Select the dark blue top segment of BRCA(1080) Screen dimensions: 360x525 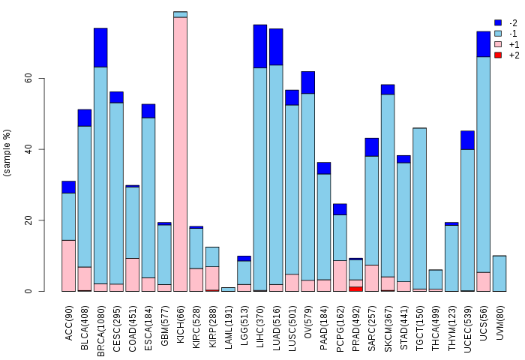(100, 47)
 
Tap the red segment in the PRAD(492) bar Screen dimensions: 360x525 (356, 289)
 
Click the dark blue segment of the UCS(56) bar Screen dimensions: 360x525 (484, 43)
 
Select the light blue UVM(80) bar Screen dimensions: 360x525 (499, 273)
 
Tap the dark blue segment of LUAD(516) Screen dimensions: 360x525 (276, 46)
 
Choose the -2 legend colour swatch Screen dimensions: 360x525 (497, 23)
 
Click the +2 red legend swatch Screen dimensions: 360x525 (497, 55)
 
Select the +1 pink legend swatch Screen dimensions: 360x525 (497, 45)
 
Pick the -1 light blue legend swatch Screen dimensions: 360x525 (497, 34)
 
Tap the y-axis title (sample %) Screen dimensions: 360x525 (7, 153)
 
